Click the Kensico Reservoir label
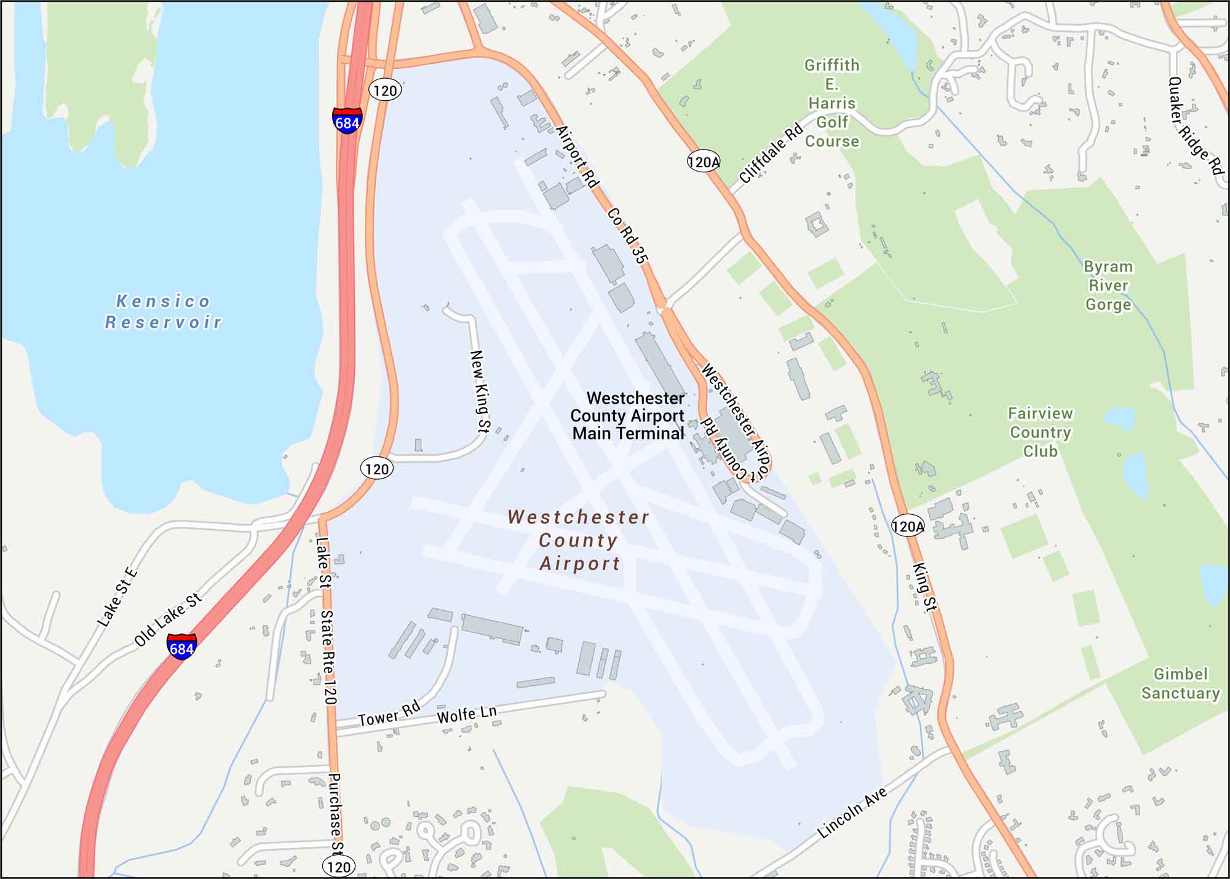click(x=163, y=312)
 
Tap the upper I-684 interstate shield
click(x=347, y=121)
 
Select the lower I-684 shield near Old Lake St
click(x=181, y=647)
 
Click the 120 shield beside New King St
click(x=376, y=469)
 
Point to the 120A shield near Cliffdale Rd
click(x=703, y=162)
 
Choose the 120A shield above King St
click(x=908, y=526)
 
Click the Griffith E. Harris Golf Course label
click(x=831, y=103)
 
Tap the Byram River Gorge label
click(x=1108, y=285)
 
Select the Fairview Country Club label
click(x=1040, y=432)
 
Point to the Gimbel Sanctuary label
click(x=1180, y=683)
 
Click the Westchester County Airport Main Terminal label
click(x=628, y=416)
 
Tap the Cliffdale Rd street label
click(x=771, y=153)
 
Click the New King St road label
click(x=479, y=391)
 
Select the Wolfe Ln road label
click(x=467, y=714)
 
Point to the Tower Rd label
click(x=389, y=714)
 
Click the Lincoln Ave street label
click(x=852, y=813)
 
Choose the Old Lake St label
click(x=168, y=619)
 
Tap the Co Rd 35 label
click(x=627, y=236)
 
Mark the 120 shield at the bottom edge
click(x=338, y=867)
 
